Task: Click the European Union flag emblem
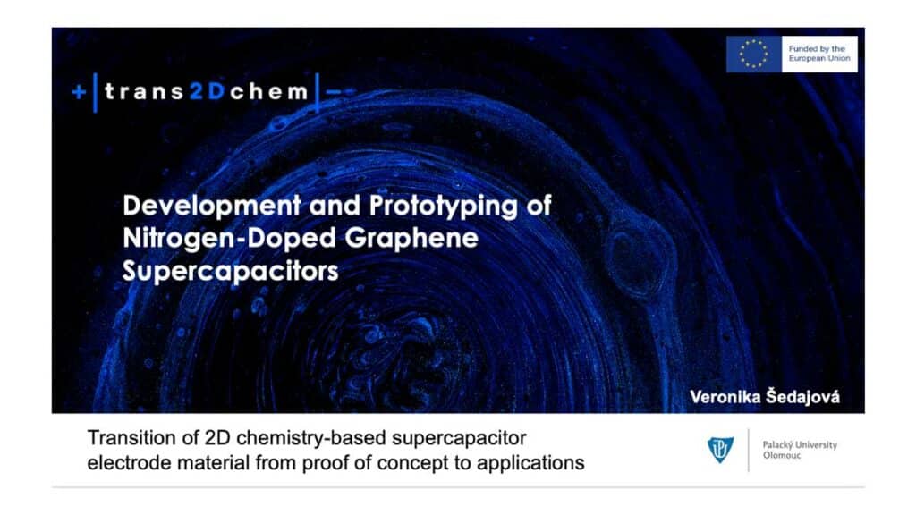click(x=753, y=54)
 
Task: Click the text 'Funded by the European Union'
click(x=819, y=54)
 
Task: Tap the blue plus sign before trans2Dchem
click(x=79, y=92)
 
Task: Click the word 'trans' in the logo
click(x=144, y=92)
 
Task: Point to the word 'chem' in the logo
click(x=268, y=92)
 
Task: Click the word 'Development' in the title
click(x=212, y=206)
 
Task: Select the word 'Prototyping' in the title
click(x=444, y=207)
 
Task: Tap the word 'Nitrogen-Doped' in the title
click(x=229, y=238)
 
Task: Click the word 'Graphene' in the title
click(x=411, y=238)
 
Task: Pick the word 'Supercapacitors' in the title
click(x=231, y=271)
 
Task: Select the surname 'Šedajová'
click(x=802, y=396)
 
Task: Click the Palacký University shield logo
click(x=720, y=450)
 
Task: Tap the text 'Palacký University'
click(x=800, y=445)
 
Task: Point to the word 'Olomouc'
click(x=782, y=455)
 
